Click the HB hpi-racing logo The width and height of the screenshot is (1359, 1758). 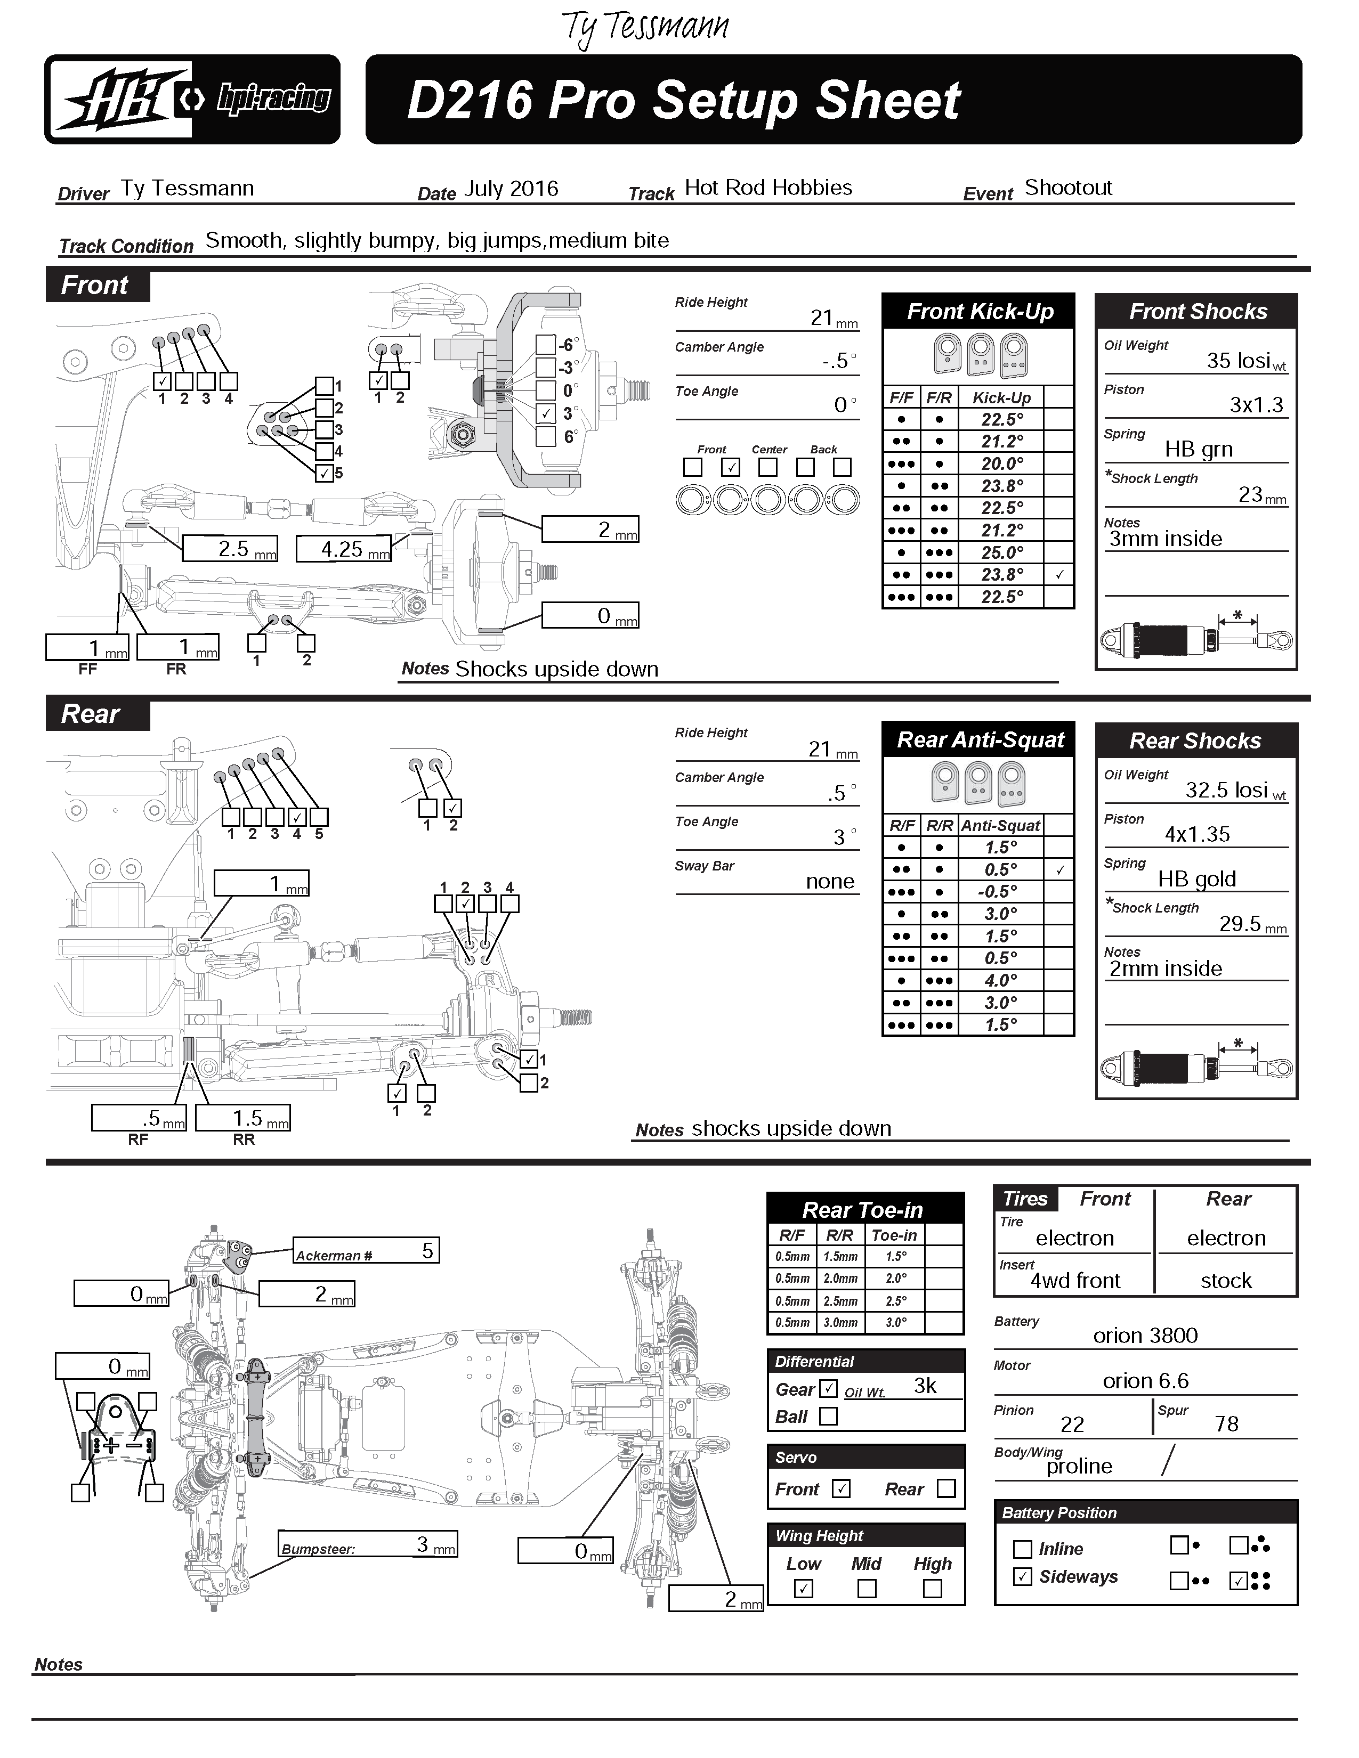point(192,99)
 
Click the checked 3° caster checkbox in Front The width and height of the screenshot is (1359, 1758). point(546,413)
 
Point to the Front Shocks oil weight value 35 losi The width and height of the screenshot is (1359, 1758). point(1238,361)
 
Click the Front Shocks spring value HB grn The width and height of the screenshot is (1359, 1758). point(1198,449)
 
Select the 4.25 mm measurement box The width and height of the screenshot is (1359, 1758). point(344,549)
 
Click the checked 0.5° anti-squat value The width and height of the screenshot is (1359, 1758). point(1001,870)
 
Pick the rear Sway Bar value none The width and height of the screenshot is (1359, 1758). point(829,882)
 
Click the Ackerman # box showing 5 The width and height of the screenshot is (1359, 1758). point(366,1250)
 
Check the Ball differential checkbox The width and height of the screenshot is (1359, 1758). point(828,1416)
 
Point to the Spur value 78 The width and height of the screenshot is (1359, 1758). point(1226,1424)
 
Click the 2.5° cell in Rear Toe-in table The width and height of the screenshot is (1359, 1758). point(896,1301)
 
